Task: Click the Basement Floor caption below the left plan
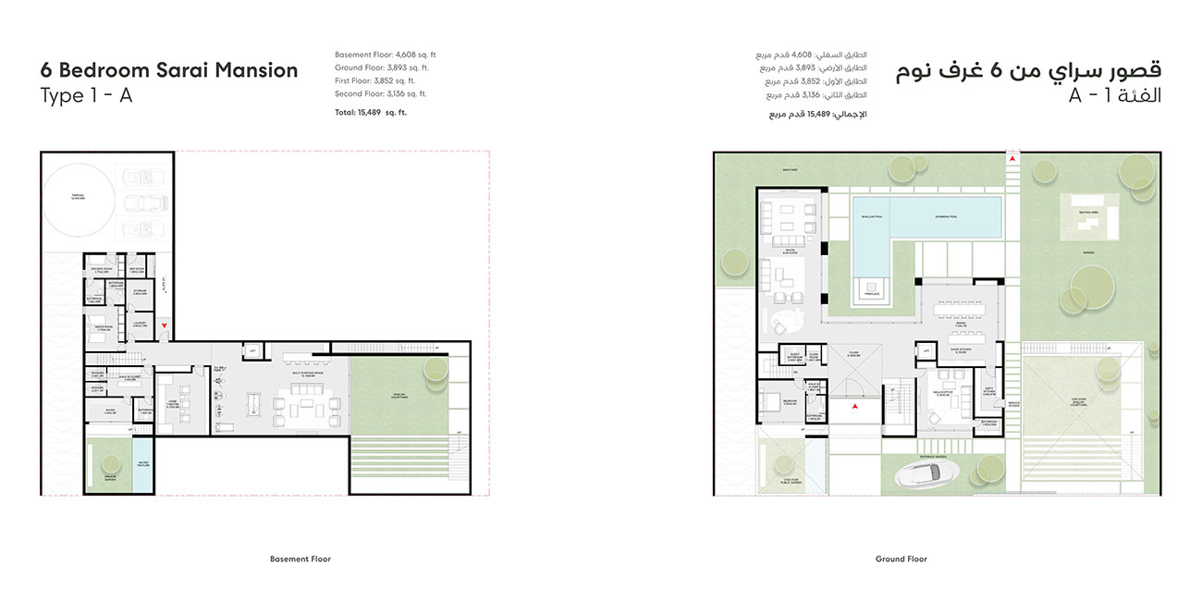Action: click(300, 559)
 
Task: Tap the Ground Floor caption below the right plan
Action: click(901, 559)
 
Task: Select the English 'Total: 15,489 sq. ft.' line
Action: click(371, 113)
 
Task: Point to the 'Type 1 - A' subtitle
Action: click(86, 96)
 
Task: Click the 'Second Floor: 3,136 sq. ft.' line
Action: click(381, 93)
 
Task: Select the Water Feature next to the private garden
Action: click(143, 466)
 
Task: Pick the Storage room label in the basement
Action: click(141, 294)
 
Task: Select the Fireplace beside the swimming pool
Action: click(870, 288)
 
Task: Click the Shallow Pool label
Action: click(871, 217)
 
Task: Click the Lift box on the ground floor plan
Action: click(925, 350)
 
